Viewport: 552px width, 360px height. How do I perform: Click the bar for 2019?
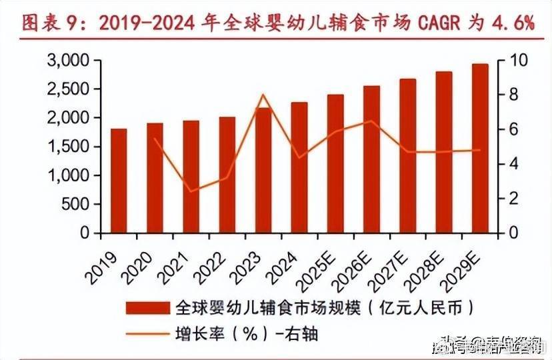(119, 181)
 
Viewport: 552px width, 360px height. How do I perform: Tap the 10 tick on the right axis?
(519, 61)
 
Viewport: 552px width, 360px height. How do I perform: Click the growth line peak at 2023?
(263, 95)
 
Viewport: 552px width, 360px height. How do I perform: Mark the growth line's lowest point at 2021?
(191, 192)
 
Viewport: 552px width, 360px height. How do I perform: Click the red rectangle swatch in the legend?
(147, 308)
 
